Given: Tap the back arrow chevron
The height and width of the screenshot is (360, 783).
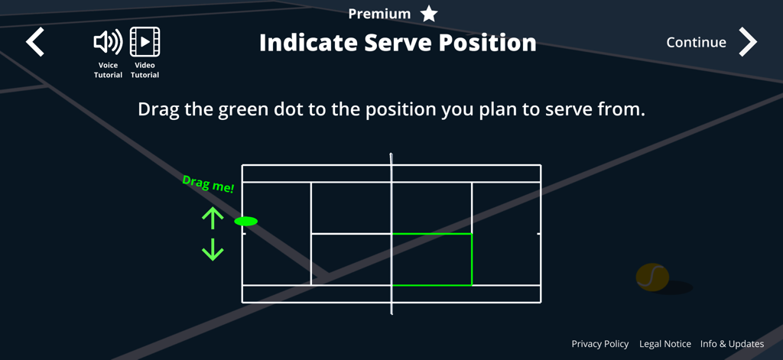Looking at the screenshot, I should coord(35,42).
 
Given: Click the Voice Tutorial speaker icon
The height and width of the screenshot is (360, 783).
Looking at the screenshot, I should coord(108,42).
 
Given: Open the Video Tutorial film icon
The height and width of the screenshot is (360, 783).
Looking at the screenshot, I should coord(145,42).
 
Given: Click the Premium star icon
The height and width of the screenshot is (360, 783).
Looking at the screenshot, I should coord(430,14).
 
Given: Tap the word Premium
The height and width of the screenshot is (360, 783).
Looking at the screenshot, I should coord(379,14).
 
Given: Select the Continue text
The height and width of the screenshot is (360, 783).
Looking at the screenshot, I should coord(696,43).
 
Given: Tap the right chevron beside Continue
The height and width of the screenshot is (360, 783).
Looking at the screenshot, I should coord(748,42).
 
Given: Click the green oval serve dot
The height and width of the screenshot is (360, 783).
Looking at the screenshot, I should coord(245,222).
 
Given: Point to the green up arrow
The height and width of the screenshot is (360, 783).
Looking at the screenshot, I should coord(213,218).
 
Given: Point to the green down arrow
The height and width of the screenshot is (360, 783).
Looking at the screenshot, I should coord(213,249).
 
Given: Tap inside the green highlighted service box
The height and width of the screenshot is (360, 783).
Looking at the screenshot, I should coord(431,260).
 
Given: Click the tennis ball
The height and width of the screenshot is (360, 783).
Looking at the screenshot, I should coord(652,277).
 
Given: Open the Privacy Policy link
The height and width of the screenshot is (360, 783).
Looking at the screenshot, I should coord(600,344).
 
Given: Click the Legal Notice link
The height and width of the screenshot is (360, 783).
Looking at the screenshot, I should coord(665,344).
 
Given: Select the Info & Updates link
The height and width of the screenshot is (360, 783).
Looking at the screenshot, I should coord(732,344).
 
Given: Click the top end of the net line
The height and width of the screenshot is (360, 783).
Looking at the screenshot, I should coord(391,156).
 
